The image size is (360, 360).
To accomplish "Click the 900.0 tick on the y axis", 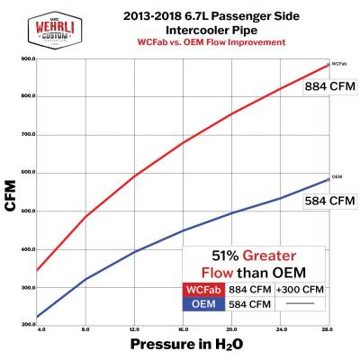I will point(26,58).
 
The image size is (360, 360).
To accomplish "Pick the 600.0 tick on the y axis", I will point(26,172).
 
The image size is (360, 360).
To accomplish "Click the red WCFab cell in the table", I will point(203,290).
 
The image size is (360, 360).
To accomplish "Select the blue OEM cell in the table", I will point(203,304).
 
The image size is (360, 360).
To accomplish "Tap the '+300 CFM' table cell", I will point(302,290).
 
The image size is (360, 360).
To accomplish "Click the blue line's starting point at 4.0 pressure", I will point(36,317).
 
